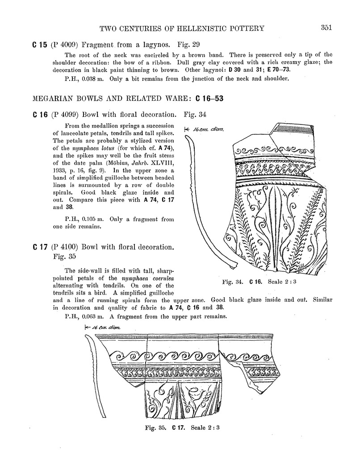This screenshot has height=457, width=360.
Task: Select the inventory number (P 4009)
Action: (x=64, y=45)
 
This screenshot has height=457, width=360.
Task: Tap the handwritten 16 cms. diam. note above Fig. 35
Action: (x=102, y=328)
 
